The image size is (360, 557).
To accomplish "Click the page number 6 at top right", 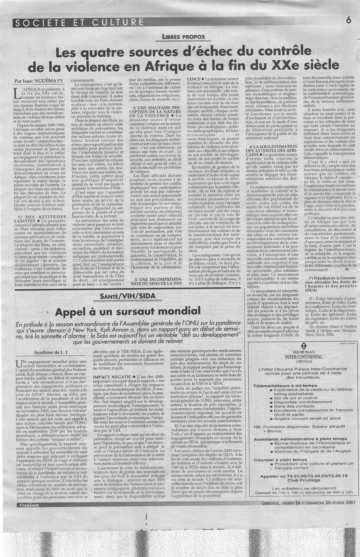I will (x=348, y=20).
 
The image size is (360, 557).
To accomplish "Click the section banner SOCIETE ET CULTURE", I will (x=78, y=23).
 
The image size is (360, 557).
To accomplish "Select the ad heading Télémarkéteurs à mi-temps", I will (x=285, y=386).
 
